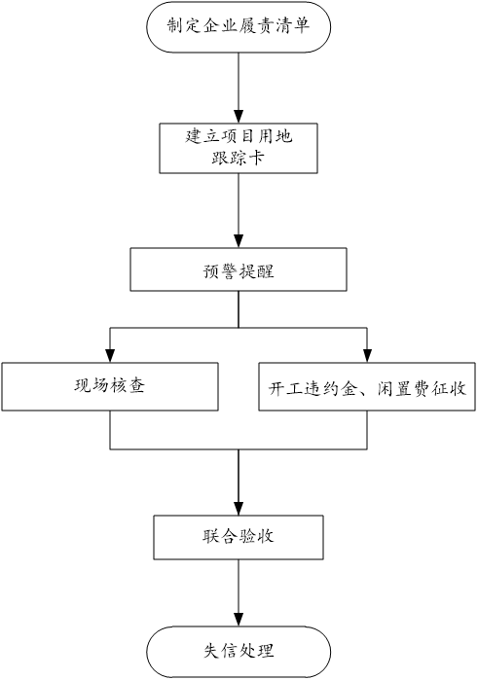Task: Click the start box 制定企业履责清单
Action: click(239, 27)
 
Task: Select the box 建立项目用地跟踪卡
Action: click(239, 148)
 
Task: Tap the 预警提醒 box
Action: click(239, 269)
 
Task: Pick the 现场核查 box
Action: click(110, 387)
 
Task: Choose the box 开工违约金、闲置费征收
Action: click(367, 387)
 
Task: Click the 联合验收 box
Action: click(239, 537)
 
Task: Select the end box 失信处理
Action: click(239, 652)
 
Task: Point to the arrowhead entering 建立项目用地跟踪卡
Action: click(239, 117)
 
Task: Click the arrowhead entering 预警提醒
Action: click(239, 241)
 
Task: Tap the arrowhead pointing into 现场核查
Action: click(110, 356)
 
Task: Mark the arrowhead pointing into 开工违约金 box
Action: click(367, 356)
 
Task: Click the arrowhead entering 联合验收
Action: click(239, 509)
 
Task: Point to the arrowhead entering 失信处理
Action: click(239, 620)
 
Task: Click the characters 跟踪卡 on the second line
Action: click(238, 158)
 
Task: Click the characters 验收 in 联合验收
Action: click(256, 536)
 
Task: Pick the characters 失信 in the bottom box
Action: click(221, 651)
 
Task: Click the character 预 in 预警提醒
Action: click(212, 271)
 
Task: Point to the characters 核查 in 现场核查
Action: click(127, 385)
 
